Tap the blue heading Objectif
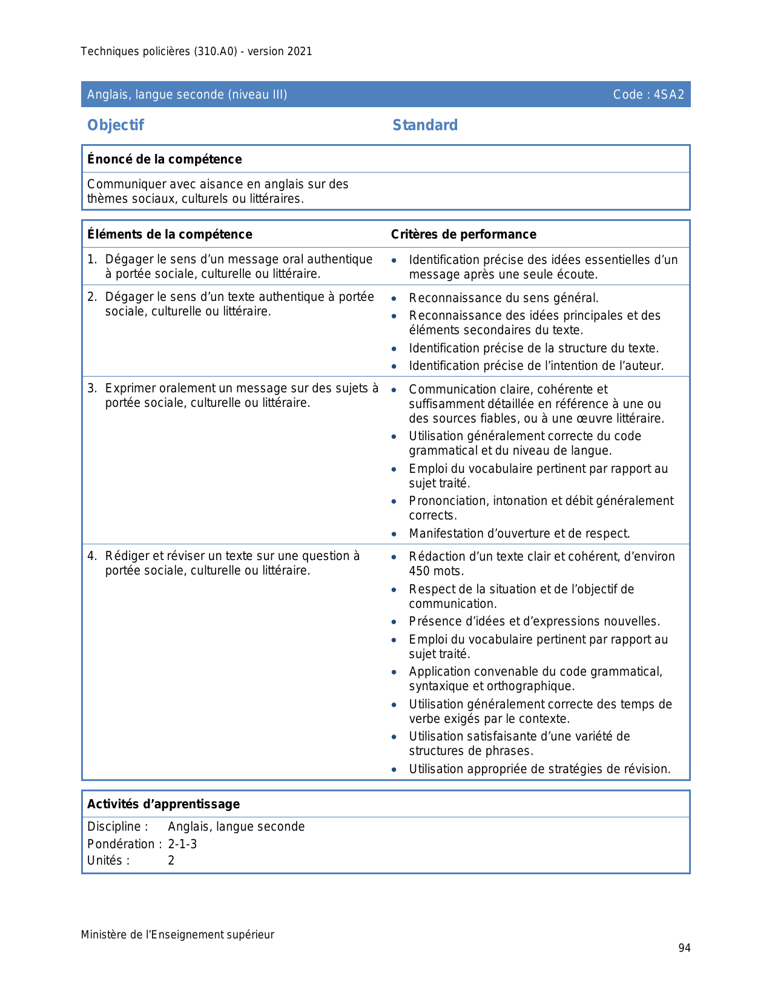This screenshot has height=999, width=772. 116,125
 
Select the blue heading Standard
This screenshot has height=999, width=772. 425,125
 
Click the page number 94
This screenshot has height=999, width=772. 684,948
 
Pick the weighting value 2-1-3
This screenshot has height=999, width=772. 182,844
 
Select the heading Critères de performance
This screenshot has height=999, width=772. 463,234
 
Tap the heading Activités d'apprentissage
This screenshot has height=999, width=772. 163,804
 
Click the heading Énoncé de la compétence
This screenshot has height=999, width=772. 164,159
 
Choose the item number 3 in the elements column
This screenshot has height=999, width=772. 91,388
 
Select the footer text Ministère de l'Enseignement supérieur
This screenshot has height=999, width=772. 177,935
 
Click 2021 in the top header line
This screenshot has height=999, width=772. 300,51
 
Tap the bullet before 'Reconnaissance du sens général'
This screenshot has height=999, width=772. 394,298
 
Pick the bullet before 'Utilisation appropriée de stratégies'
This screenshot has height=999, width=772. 394,770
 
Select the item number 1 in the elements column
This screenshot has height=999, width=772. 91,259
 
